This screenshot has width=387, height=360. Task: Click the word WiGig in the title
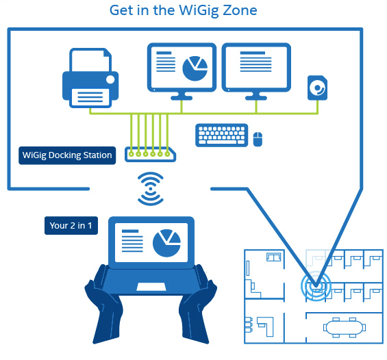point(199,11)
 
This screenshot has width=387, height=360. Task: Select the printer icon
point(90,78)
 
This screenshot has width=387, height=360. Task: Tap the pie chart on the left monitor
point(195,68)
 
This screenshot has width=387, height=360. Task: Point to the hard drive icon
point(317,88)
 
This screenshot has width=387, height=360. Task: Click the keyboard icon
point(222,135)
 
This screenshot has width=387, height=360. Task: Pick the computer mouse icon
point(258,139)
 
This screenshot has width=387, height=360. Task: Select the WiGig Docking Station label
point(67,155)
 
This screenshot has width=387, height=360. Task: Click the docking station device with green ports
point(150,155)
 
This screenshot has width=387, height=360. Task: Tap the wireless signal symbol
point(151,189)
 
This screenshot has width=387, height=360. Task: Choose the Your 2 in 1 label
point(71,225)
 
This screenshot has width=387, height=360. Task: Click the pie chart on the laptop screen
point(167,243)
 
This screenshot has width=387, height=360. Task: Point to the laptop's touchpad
point(151,287)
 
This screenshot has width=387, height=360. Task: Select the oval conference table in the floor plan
point(345,327)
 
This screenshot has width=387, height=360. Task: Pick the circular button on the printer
point(110,79)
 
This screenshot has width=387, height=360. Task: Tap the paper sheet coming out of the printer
point(90,98)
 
